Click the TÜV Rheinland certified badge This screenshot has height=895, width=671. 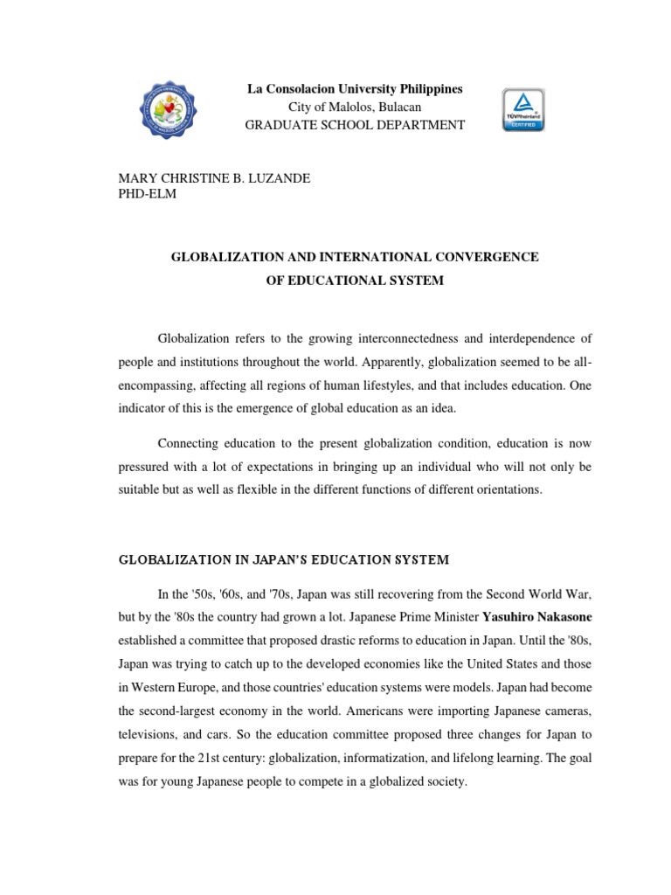click(522, 109)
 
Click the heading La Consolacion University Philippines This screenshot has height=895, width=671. click(355, 89)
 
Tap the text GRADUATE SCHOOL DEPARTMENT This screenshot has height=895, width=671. click(355, 125)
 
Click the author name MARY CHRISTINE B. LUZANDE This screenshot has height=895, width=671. click(214, 178)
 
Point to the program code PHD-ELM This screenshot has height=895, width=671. click(147, 194)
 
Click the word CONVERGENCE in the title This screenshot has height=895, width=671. click(488, 256)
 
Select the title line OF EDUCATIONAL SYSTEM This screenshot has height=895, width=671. click(355, 281)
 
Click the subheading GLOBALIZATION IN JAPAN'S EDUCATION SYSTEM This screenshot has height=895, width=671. click(283, 559)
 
